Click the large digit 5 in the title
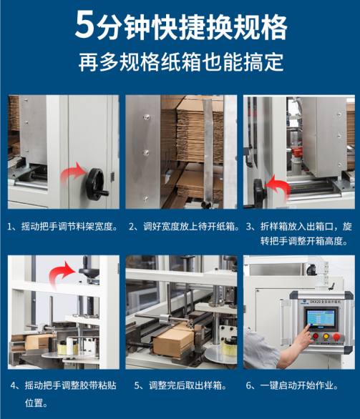(x=84, y=24)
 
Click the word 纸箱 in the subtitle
(x=181, y=62)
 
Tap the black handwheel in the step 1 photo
(x=97, y=184)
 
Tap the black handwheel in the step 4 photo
(x=89, y=268)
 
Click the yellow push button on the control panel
(x=326, y=336)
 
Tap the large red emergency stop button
(x=336, y=337)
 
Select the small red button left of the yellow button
(x=316, y=335)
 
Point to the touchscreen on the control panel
(x=321, y=319)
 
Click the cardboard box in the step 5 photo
(x=174, y=342)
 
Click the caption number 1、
(x=13, y=227)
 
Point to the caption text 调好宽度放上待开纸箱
(x=189, y=227)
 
